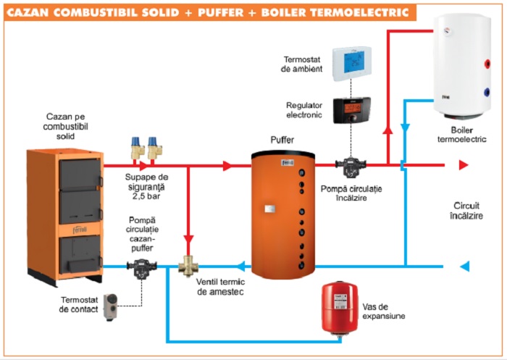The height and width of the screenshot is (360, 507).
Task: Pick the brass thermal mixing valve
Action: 189,267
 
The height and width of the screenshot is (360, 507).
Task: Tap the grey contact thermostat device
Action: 113,303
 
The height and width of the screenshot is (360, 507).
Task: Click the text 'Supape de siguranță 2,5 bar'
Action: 151,185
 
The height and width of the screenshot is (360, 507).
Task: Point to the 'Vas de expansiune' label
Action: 385,311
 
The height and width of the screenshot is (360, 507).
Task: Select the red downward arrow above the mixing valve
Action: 188,237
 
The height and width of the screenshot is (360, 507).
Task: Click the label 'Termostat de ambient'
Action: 298,62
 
